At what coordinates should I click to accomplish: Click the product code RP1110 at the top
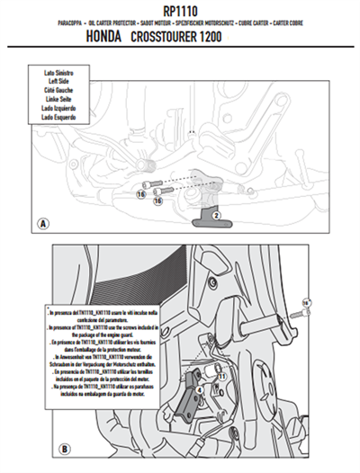pos(179,10)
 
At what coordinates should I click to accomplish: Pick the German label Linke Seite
pos(61,96)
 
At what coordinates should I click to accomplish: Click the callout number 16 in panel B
pos(306,302)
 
